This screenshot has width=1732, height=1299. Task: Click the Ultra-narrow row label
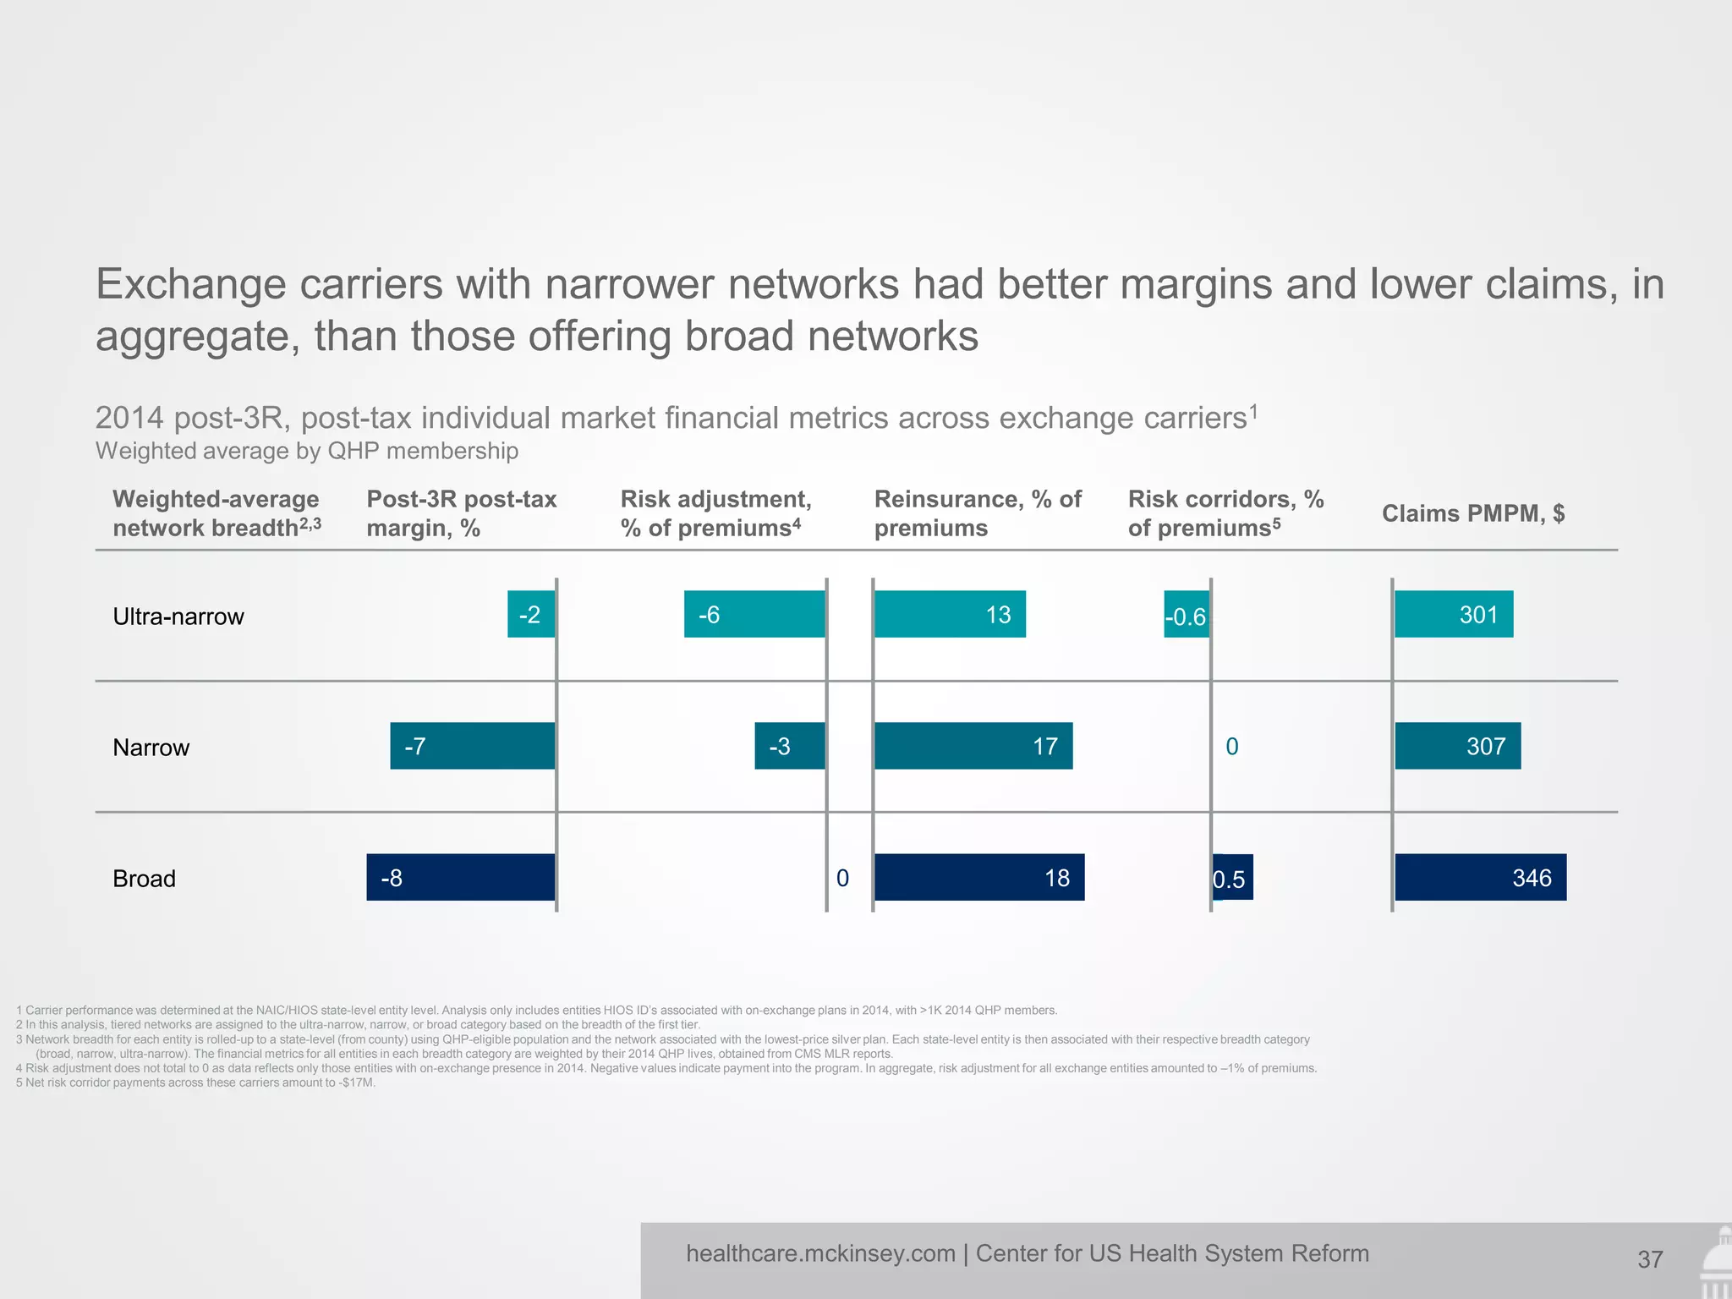(x=178, y=617)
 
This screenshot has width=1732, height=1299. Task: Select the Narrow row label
(x=151, y=748)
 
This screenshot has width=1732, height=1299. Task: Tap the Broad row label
(x=144, y=879)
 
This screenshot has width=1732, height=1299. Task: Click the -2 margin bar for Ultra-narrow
(x=531, y=614)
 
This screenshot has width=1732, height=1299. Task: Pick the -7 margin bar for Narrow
(x=472, y=746)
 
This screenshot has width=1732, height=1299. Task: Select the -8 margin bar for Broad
(x=461, y=878)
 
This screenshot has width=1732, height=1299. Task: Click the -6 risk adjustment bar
(x=754, y=614)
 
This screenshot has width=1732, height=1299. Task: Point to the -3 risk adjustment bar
(x=789, y=746)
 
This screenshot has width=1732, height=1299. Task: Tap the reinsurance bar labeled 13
(x=950, y=614)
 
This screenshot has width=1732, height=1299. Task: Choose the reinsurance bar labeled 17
(x=973, y=746)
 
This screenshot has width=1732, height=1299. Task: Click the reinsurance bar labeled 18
(x=978, y=878)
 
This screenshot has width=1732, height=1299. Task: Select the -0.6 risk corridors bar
(x=1187, y=615)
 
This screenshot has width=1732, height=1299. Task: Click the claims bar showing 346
(x=1480, y=878)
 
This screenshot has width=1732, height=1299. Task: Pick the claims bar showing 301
(x=1453, y=614)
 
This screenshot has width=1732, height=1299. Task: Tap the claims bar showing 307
(x=1457, y=746)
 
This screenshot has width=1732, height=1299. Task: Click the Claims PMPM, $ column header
(x=1472, y=513)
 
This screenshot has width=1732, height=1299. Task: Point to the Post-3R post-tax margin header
(x=461, y=513)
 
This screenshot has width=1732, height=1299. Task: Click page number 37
(x=1650, y=1260)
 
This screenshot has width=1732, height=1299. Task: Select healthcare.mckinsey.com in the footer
(x=820, y=1253)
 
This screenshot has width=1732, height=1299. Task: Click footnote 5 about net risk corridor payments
(x=195, y=1082)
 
